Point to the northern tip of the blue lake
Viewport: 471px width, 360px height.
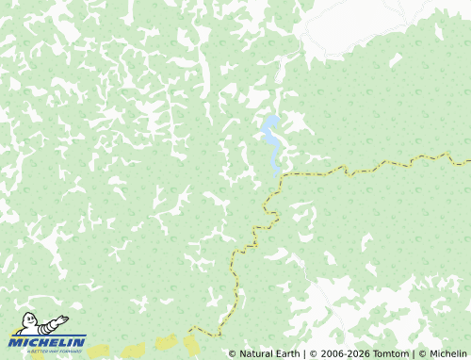coord(271,118)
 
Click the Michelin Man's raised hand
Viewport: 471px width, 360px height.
coord(63,318)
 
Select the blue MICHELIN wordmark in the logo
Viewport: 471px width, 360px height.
coord(47,341)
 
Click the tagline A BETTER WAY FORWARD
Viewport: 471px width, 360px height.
coord(47,351)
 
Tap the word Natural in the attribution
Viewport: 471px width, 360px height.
coord(258,353)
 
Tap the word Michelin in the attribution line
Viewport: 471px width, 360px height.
coord(447,353)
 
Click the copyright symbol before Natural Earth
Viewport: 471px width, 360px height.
coord(233,353)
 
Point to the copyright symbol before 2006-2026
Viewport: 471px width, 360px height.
coord(313,353)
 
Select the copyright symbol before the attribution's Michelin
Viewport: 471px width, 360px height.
coord(423,353)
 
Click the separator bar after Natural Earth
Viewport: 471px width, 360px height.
coord(304,353)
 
